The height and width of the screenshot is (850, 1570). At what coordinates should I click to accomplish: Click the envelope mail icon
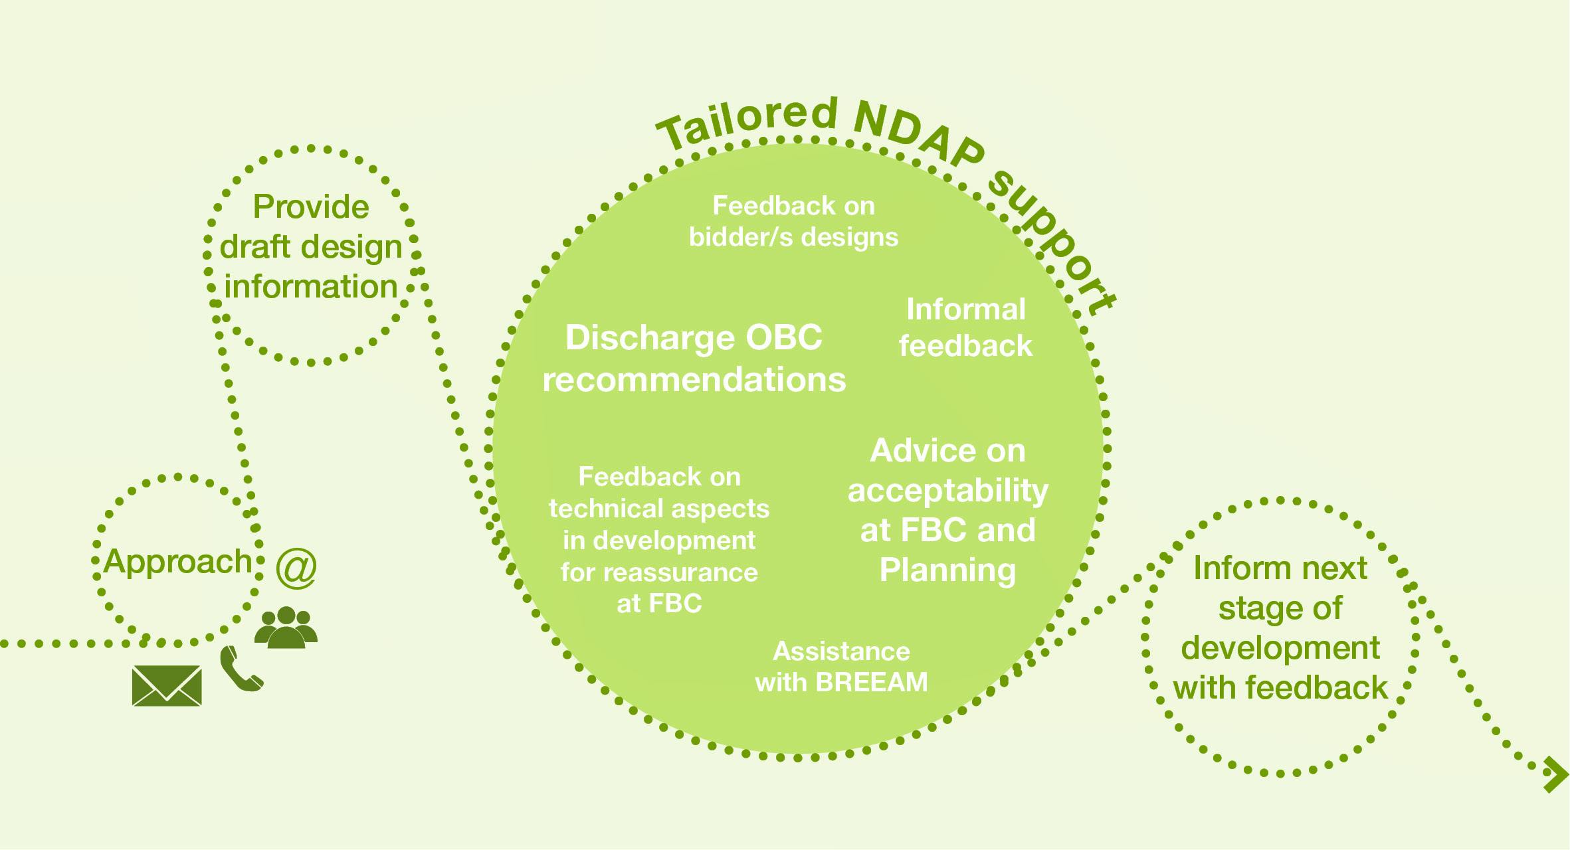click(x=167, y=685)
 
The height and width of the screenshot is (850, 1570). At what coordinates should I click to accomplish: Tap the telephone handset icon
click(x=241, y=669)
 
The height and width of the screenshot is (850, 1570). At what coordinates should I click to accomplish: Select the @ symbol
click(x=296, y=568)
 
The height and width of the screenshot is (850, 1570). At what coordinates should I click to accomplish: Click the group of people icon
click(x=286, y=627)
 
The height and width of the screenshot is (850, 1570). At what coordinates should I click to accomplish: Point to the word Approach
click(x=178, y=562)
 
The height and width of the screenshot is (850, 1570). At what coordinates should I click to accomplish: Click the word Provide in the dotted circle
click(x=311, y=207)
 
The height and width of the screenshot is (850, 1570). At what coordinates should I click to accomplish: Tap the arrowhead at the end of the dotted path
click(x=1556, y=774)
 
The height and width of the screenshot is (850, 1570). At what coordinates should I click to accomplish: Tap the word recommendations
click(x=694, y=380)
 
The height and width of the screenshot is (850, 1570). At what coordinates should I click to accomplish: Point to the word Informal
click(x=965, y=309)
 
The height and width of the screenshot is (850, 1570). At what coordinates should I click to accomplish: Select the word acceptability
click(x=947, y=491)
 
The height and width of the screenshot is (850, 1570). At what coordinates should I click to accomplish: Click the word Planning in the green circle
click(x=947, y=570)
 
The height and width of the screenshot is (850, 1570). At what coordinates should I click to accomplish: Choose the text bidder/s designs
click(x=793, y=237)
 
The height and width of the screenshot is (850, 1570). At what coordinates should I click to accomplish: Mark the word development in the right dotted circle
click(x=1280, y=648)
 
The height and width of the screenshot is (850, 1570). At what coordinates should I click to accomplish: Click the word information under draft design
click(x=311, y=287)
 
